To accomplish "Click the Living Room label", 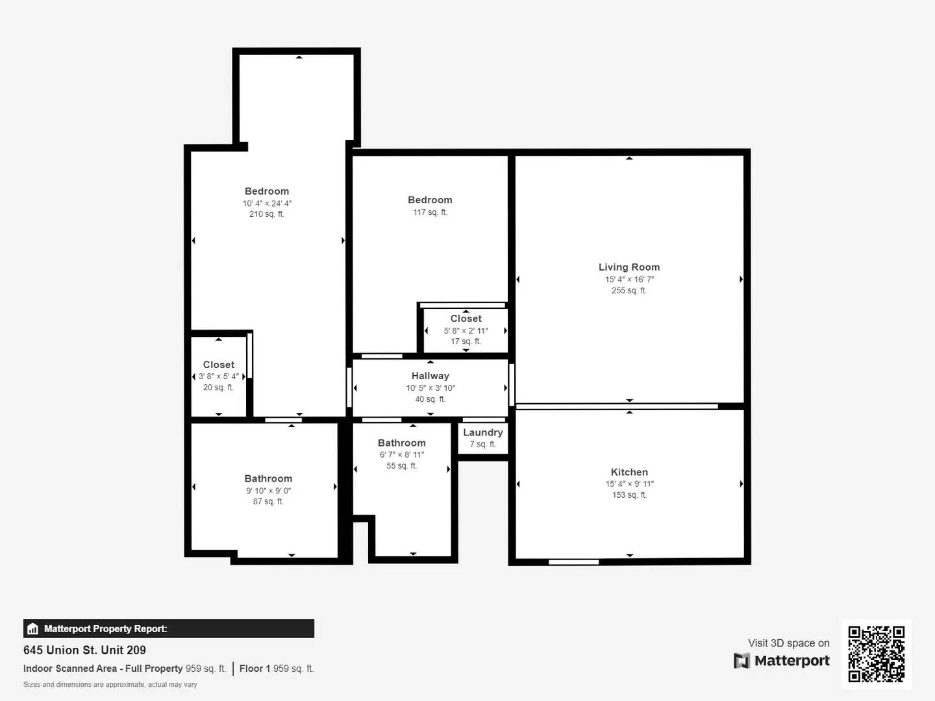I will coord(629,267).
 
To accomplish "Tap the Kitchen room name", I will coord(629,472).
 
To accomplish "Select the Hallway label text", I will coord(430,376).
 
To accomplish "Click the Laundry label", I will coord(482,432).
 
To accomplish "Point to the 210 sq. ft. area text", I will coord(266,214).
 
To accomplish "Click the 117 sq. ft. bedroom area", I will coord(430,212).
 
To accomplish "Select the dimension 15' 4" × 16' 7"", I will coord(629,279).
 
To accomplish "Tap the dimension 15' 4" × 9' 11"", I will coord(629,484).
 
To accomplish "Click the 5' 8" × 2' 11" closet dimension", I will coord(466,330).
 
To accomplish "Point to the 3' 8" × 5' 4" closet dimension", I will coord(218,376).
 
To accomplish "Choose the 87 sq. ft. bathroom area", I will coord(268,502).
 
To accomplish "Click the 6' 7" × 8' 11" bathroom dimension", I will coord(401,454).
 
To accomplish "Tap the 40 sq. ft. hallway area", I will coord(430,399).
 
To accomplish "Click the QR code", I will coord(876,654).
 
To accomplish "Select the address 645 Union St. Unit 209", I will coord(84,650).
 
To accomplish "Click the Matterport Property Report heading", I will coord(105,628).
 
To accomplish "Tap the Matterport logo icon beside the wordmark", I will coord(741,661).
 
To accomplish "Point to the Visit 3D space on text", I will coord(788,643).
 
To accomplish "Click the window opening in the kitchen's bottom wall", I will coord(573,562).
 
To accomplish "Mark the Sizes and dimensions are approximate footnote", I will coord(110,684).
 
